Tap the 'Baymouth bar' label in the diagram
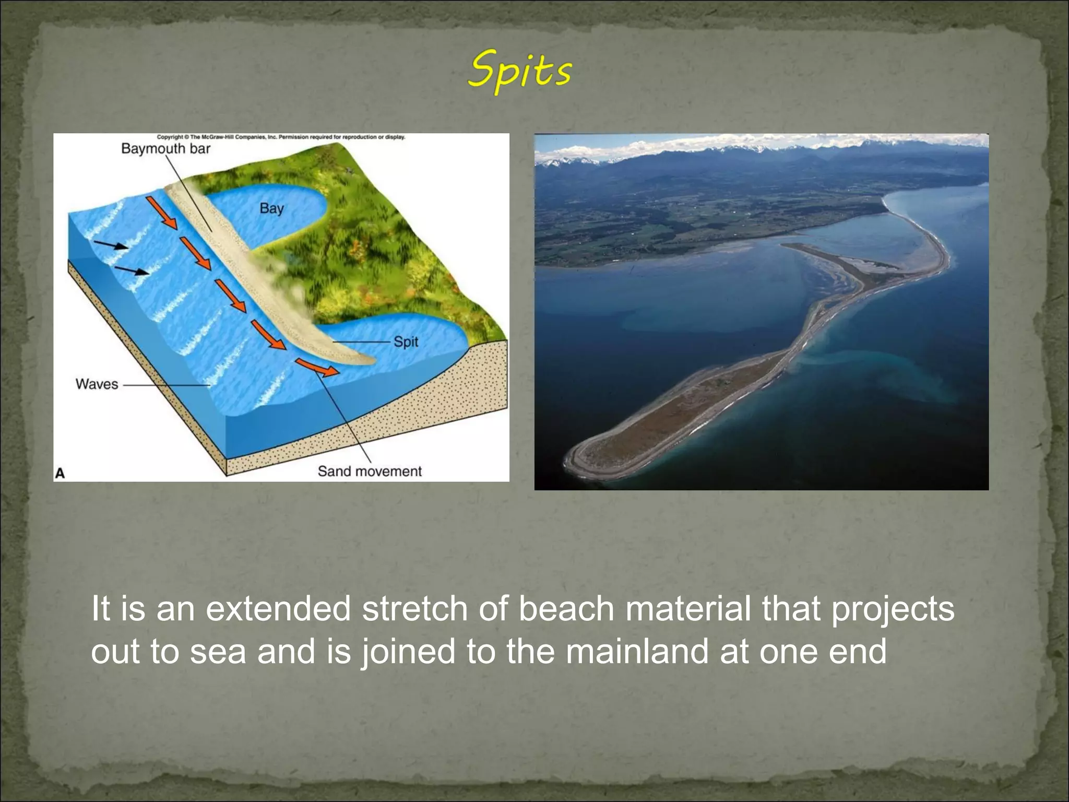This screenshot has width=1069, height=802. pos(165,149)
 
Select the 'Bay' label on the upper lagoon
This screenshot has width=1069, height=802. pos(271,208)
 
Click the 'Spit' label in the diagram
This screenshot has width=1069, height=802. pos(406,342)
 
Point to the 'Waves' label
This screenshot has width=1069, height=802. pos(97,384)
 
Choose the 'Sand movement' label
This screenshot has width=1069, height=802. pos(369,471)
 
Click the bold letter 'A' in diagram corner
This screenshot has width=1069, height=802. pos(60,473)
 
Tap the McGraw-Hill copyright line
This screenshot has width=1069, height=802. pos(281,137)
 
